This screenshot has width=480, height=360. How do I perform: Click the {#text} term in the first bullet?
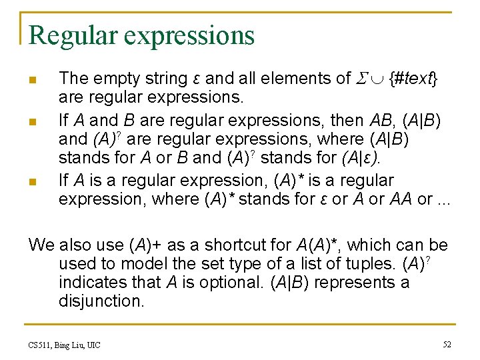tap(413, 79)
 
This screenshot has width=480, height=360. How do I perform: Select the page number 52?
tap(447, 344)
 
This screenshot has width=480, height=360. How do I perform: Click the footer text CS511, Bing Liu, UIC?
tap(65, 345)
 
